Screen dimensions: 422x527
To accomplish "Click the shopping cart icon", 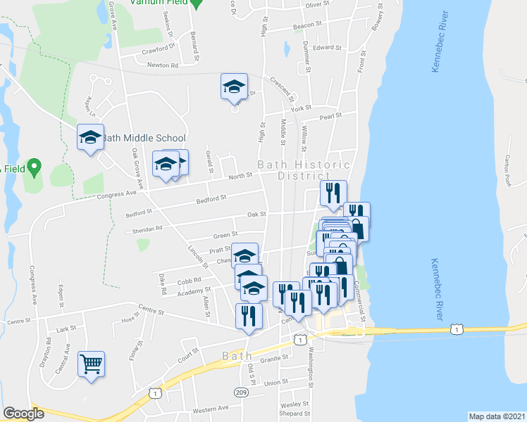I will pos(91,364).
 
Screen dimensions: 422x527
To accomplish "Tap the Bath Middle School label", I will pos(144,139).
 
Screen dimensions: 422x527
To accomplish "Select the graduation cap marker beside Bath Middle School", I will pos(90,137).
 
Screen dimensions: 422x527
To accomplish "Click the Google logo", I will pos(23,414).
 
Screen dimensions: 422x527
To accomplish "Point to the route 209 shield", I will pos(242,392).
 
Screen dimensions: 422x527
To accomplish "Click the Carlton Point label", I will pos(506,173).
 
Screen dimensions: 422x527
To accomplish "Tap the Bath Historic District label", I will pos(304,170).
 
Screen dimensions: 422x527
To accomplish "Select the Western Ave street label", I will pos(211,408).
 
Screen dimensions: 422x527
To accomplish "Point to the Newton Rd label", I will pos(163,65).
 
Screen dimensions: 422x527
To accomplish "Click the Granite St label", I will pos(273,358).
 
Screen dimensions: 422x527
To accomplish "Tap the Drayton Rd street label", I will pos(49,350).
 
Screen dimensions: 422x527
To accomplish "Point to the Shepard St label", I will pos(290,414).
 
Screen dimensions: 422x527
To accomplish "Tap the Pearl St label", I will pos(329,116).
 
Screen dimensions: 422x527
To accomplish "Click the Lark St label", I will pos(66,328).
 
